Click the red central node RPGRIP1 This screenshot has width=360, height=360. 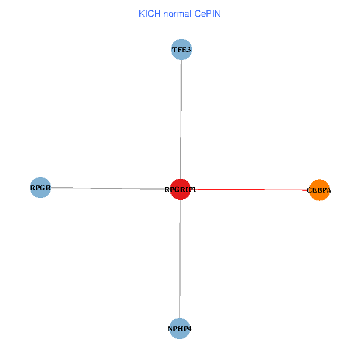[180, 190]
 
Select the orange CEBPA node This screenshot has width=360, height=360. [319, 190]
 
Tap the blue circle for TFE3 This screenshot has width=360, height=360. [181, 50]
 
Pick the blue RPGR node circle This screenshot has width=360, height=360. [40, 187]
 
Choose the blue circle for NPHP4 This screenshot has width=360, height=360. [179, 328]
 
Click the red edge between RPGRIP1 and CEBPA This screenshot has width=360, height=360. [252, 190]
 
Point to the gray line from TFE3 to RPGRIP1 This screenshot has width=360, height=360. [181, 120]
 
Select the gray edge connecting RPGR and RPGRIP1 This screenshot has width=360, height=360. [108, 188]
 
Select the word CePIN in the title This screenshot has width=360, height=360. [207, 14]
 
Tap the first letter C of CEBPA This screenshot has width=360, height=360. [309, 191]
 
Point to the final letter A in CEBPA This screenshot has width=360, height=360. [329, 191]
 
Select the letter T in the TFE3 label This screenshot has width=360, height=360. [174, 50]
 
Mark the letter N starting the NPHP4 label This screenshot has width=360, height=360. [170, 329]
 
